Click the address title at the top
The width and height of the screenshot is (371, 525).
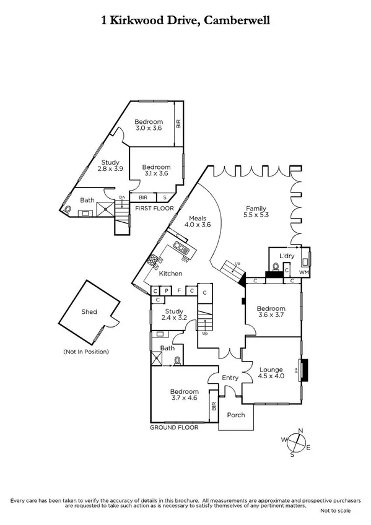click(185, 20)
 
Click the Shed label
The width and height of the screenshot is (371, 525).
click(89, 313)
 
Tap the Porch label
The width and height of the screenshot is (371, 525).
click(236, 415)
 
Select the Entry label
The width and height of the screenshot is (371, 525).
click(230, 378)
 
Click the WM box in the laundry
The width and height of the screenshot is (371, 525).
click(303, 272)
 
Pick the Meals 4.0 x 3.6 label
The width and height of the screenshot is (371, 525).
click(198, 221)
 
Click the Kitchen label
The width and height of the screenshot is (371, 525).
click(170, 273)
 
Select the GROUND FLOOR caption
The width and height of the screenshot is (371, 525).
click(174, 427)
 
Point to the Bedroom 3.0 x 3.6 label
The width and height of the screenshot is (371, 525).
click(149, 124)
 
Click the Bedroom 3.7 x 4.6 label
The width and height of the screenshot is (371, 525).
click(185, 395)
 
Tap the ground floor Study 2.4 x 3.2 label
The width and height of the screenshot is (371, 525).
click(174, 316)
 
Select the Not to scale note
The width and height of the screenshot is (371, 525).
click(335, 511)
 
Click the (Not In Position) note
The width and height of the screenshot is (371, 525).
click(86, 352)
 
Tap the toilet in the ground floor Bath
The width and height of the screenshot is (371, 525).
click(178, 360)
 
